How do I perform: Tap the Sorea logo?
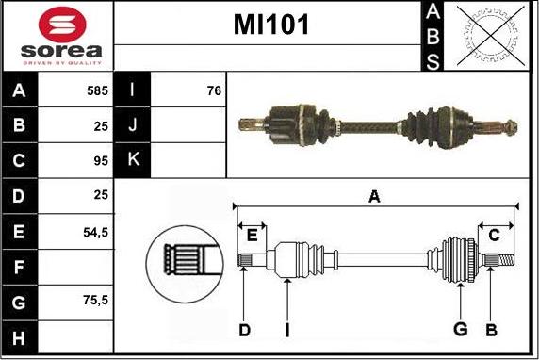pos(57,36)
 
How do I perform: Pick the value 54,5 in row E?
pos(95,231)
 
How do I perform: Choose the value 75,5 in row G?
pos(95,302)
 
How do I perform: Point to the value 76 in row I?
pos(213,91)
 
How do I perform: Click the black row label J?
pos(132,125)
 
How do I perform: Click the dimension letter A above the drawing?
pos(374,197)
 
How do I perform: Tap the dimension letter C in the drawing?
pos(493,236)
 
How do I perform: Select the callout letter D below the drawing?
pos(243,329)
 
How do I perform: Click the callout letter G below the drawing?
pos(461,329)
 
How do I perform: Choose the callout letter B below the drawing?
pos(490,329)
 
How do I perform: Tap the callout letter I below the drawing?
pos(286,329)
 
